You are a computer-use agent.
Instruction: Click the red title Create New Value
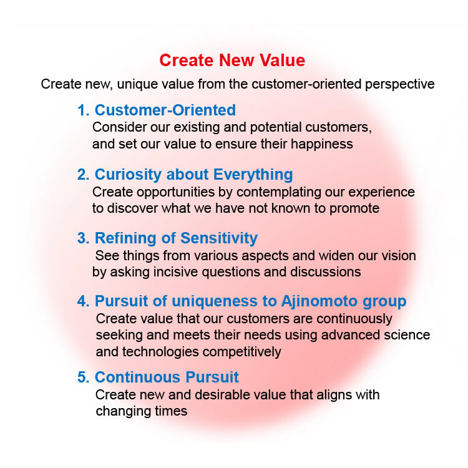click(232, 61)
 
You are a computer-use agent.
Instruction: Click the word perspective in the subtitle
click(399, 84)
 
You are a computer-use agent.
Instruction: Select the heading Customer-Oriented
click(165, 110)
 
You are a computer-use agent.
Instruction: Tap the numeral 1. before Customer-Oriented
click(83, 110)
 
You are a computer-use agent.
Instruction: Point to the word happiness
click(322, 144)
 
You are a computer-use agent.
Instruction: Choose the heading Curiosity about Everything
click(193, 175)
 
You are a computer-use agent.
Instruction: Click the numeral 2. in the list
click(83, 175)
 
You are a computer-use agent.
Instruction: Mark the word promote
click(354, 208)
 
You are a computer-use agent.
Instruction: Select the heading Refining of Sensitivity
click(176, 238)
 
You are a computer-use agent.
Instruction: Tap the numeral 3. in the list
click(83, 238)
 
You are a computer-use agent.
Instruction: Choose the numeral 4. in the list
click(83, 301)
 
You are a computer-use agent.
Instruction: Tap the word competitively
click(241, 352)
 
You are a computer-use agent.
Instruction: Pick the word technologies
click(160, 352)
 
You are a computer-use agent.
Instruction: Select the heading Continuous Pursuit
click(167, 378)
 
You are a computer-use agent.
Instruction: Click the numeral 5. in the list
click(83, 378)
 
